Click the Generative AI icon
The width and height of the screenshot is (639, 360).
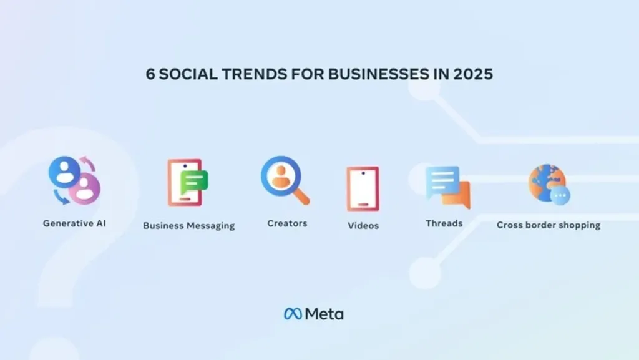click(x=74, y=180)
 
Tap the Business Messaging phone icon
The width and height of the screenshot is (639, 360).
click(x=187, y=182)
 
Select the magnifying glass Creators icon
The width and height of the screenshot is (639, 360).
click(x=285, y=180)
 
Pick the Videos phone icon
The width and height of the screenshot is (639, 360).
click(x=363, y=188)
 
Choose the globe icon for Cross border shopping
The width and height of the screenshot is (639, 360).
click(x=549, y=185)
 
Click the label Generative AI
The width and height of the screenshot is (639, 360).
click(x=74, y=223)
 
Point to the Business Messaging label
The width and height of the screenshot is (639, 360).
click(x=188, y=226)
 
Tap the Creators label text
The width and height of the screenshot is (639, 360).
click(x=287, y=223)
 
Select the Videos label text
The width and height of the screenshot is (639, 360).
click(x=363, y=225)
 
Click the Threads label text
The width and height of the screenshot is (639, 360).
click(x=444, y=223)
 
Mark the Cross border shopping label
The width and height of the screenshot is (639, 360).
click(x=549, y=225)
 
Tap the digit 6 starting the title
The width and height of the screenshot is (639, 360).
click(x=150, y=74)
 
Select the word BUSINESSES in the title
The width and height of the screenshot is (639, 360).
click(x=379, y=74)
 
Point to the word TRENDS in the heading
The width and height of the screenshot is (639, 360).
click(x=254, y=74)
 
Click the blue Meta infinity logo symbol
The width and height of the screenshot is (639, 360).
click(x=293, y=314)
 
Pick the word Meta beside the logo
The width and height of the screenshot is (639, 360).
click(x=324, y=314)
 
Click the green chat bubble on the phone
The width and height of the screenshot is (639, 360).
click(x=194, y=182)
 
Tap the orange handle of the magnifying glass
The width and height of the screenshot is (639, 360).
click(x=301, y=196)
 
